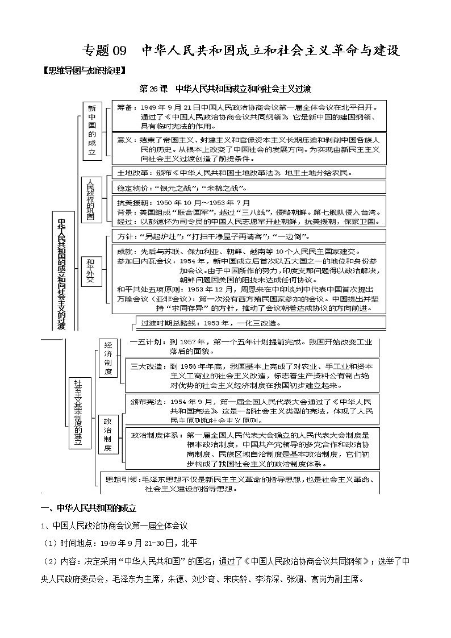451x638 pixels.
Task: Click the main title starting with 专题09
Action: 241,50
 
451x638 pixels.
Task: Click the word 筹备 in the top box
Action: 125,107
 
